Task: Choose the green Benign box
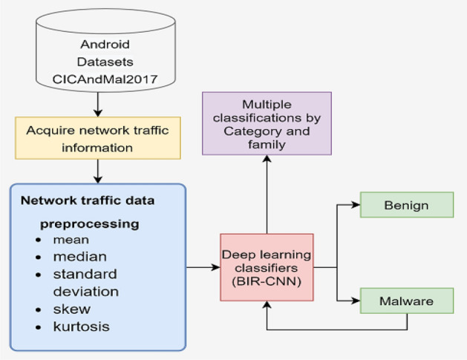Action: coord(405,205)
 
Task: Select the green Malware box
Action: coord(405,301)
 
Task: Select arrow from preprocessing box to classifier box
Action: coord(202,266)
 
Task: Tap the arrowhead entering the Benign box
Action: coord(357,205)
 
